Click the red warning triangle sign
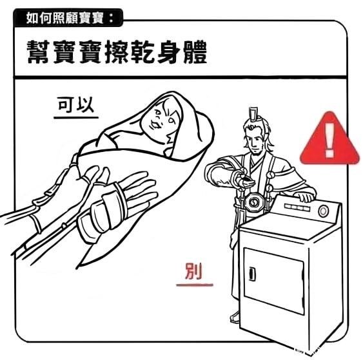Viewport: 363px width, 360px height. click(329, 140)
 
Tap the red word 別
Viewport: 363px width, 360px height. click(193, 271)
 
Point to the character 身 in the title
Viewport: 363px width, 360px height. click(168, 52)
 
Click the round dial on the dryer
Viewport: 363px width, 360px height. click(323, 211)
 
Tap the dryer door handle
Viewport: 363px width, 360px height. click(252, 274)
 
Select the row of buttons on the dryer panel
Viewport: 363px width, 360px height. click(297, 207)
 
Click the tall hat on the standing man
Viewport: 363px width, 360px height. click(253, 115)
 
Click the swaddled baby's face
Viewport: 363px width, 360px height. click(162, 120)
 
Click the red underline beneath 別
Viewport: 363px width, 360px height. click(195, 285)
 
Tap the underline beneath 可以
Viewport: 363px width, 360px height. click(76, 118)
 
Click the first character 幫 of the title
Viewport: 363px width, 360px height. click(38, 52)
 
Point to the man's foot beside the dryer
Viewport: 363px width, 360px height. click(235, 318)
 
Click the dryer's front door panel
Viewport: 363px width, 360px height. click(273, 281)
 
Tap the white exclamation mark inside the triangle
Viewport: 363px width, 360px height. click(329, 140)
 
